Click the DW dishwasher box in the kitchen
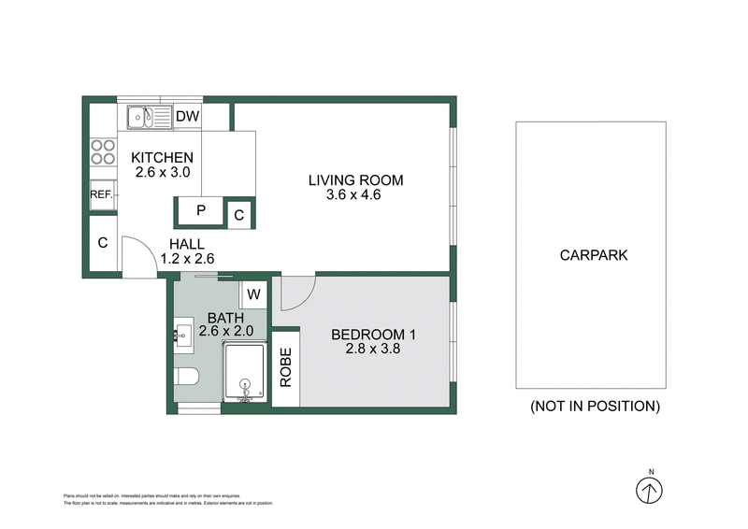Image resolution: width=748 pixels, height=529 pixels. click(x=188, y=117)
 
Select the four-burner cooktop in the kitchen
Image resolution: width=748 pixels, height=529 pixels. click(x=102, y=152)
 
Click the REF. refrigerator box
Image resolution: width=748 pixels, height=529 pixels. click(x=102, y=194)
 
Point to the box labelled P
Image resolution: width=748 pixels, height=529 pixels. click(x=200, y=211)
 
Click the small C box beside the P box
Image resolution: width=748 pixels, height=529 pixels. click(x=239, y=215)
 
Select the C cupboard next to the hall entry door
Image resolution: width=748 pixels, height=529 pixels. click(x=102, y=243)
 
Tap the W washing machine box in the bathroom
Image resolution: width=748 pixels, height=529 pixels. click(x=252, y=294)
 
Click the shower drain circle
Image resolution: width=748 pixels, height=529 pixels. click(x=247, y=383)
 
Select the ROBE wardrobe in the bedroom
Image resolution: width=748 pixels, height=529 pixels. click(x=285, y=367)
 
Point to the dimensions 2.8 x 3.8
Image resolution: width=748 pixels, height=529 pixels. click(x=373, y=350)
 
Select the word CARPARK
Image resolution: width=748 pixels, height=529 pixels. click(x=594, y=254)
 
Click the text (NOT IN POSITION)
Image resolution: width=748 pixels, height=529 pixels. click(x=595, y=406)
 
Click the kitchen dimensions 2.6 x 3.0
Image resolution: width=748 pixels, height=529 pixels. click(x=162, y=173)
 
